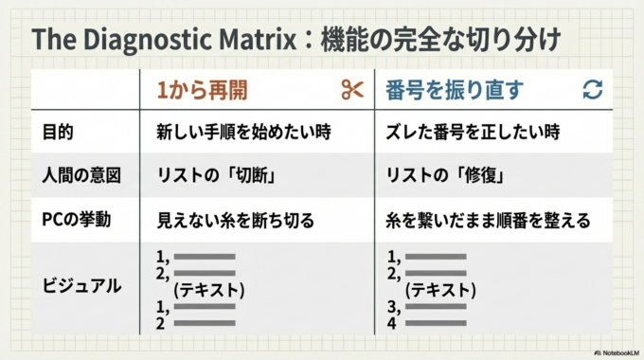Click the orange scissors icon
click(x=352, y=90)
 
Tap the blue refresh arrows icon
click(x=593, y=90)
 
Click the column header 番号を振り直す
click(x=454, y=90)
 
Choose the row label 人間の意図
click(x=79, y=175)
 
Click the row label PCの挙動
click(x=78, y=220)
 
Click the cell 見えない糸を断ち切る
click(x=234, y=220)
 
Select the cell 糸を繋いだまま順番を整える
click(x=488, y=220)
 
